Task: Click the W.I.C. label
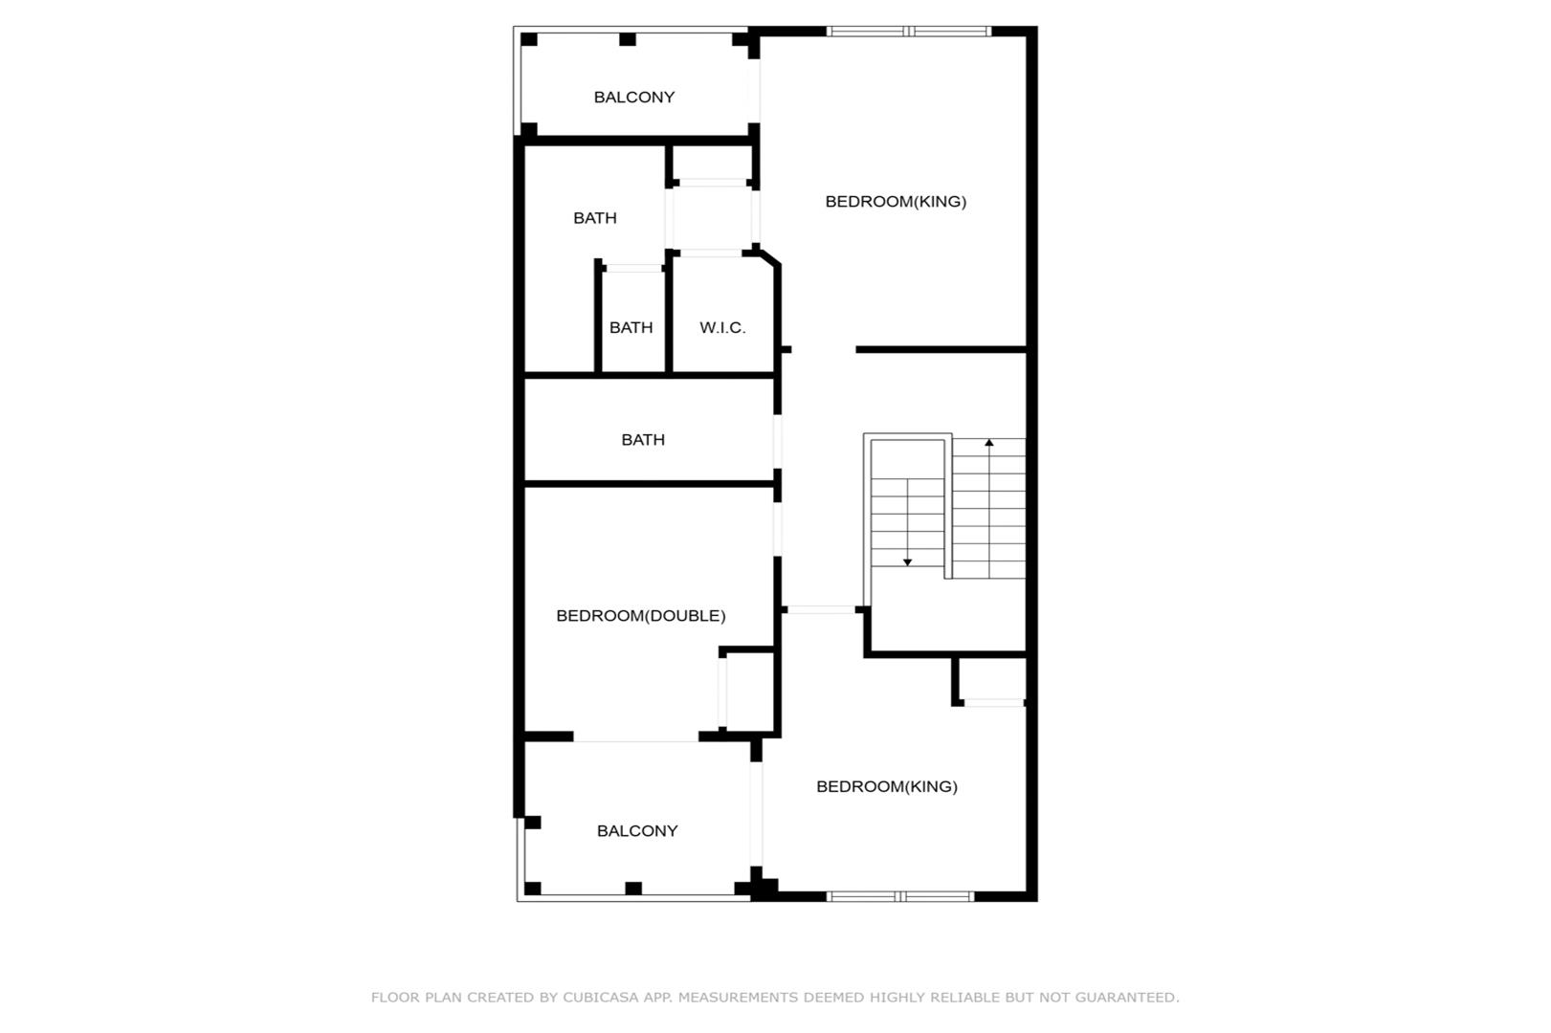[x=722, y=327]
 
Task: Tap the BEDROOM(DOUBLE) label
[x=640, y=616]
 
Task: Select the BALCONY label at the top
[x=634, y=97]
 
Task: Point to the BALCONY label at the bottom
[x=637, y=831]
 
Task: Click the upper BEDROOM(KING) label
[x=896, y=202]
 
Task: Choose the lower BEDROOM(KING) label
[x=886, y=786]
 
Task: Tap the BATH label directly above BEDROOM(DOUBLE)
[x=643, y=440]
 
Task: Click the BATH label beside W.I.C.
[x=631, y=327]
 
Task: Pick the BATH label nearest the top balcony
[x=595, y=218]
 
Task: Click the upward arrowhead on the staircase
[x=988, y=443]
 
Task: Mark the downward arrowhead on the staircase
[x=907, y=562]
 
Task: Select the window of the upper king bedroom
[x=909, y=32]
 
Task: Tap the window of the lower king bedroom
[x=900, y=896]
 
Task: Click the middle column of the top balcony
[x=628, y=39]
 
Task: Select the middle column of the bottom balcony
[x=633, y=889]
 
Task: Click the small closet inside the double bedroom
[x=748, y=690]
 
